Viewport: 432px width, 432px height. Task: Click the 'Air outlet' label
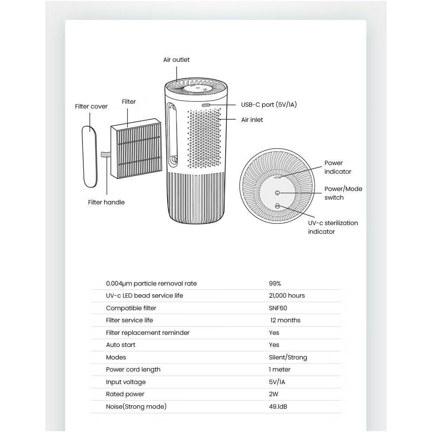pos(176,60)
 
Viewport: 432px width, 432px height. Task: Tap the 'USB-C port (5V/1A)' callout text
pos(269,105)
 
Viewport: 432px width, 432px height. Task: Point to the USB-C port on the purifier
pos(206,105)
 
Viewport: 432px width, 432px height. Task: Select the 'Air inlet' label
pos(252,120)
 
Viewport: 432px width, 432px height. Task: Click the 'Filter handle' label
pos(106,202)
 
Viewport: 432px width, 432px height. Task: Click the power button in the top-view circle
pos(277,193)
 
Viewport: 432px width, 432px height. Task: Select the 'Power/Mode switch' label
pos(343,193)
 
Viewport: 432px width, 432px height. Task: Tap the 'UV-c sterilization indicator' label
pos(333,227)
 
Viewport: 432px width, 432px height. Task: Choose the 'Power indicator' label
pos(338,167)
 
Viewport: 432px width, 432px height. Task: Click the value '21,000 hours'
pos(287,295)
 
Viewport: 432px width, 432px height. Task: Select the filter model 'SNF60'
pos(278,308)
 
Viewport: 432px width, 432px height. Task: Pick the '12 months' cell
pos(285,320)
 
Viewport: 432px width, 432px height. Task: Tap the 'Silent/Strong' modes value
pos(288,357)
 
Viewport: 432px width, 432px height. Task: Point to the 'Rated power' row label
pos(125,394)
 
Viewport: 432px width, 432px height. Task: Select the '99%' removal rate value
pos(275,283)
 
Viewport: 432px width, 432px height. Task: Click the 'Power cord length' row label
pos(133,369)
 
